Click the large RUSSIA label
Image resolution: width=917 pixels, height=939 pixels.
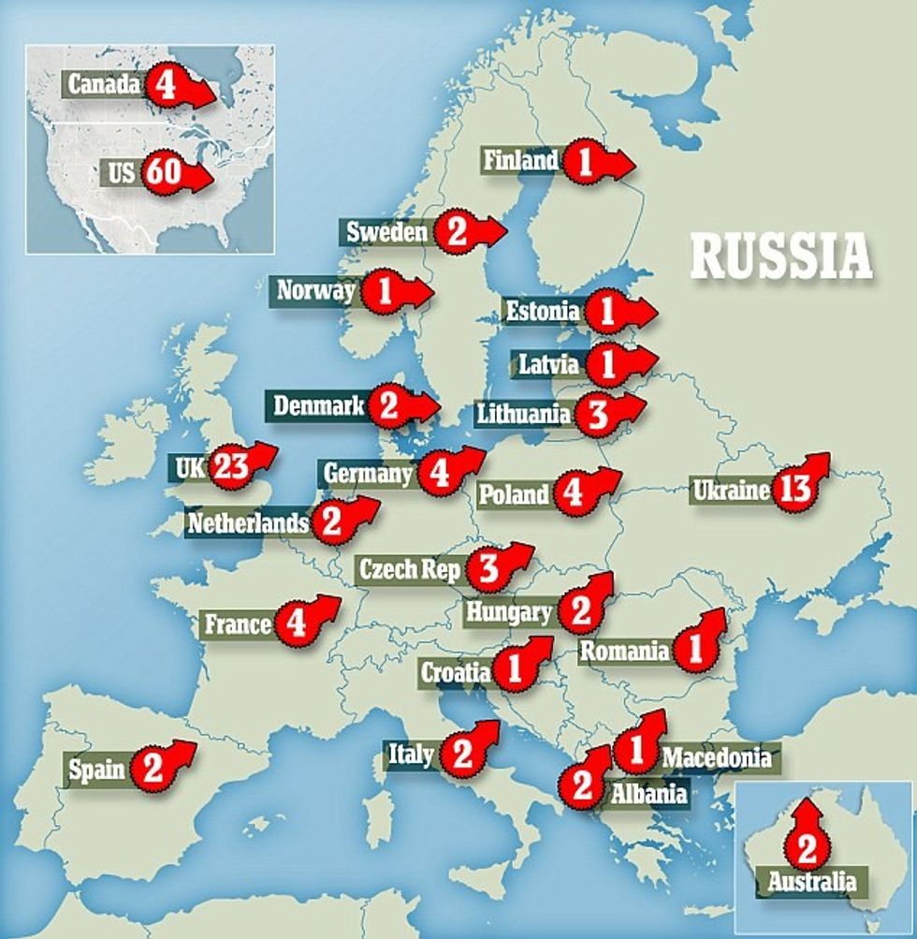pos(781,257)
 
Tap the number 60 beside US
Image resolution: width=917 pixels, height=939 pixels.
pos(162,173)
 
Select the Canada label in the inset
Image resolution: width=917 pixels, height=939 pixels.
pos(104,85)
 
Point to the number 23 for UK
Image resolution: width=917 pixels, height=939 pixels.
pos(230,465)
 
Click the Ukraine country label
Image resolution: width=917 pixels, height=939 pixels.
pos(731,489)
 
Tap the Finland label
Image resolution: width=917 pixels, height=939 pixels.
pos(520,160)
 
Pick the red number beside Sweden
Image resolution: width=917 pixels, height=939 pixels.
pos(456,231)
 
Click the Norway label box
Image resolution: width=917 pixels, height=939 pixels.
pos(315,290)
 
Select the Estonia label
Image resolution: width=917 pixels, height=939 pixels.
pos(542,310)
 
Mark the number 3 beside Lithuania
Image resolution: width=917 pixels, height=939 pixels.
pos(596,414)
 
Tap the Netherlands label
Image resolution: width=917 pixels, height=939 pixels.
pos(247,522)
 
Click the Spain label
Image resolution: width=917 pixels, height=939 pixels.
pos(96,770)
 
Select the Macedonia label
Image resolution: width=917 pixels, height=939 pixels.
pos(717,756)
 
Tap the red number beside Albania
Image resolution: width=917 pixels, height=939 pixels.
pos(582,785)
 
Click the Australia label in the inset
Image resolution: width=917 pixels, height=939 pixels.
pos(811,881)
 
